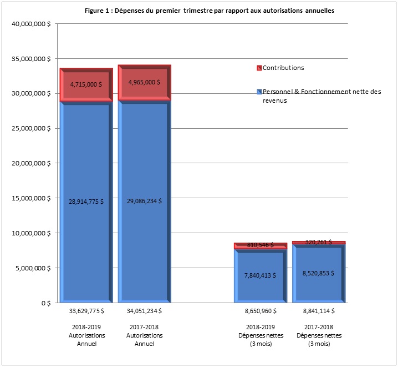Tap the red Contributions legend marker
click(x=258, y=68)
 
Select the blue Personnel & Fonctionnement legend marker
click(x=258, y=92)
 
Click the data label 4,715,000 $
click(x=86, y=84)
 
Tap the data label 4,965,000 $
click(x=144, y=82)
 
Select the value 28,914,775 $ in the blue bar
click(x=86, y=202)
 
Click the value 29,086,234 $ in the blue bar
click(x=144, y=201)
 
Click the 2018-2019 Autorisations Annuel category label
click(x=86, y=335)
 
